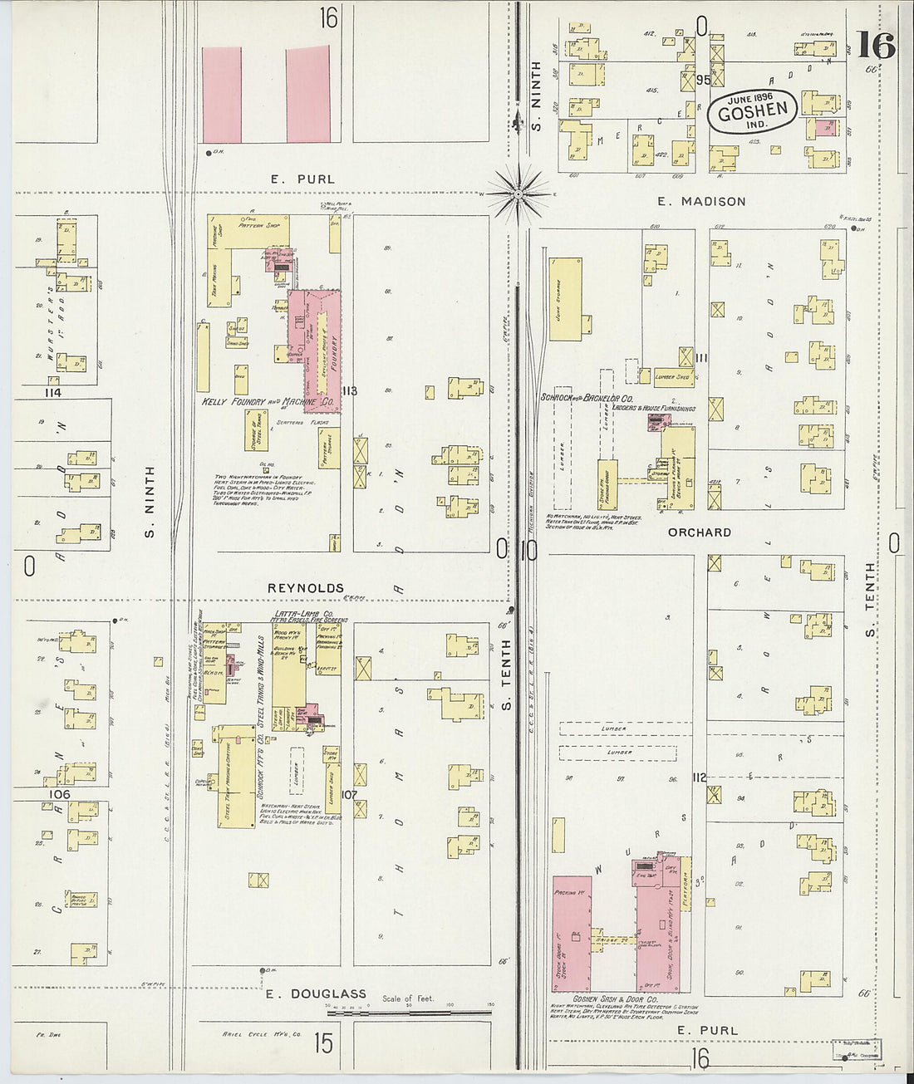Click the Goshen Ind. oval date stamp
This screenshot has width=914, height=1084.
[x=753, y=109]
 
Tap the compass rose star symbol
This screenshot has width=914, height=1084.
[x=518, y=194]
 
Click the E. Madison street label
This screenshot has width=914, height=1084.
[x=700, y=201]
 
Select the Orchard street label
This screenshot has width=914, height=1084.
[x=699, y=532]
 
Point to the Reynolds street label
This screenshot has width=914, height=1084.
[x=305, y=587]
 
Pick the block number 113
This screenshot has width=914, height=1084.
[x=348, y=390]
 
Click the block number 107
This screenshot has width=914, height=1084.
[x=348, y=794]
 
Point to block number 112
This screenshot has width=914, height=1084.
[x=698, y=777]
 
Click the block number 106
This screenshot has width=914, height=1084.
[x=59, y=794]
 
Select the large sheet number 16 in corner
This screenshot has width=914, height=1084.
[x=877, y=46]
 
